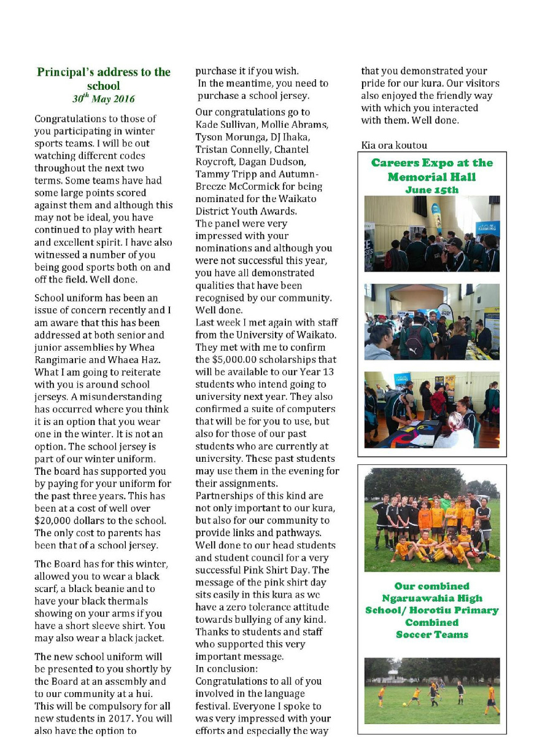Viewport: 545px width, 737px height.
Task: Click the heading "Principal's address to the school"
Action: (x=104, y=79)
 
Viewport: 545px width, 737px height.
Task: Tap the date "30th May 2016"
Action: (x=104, y=99)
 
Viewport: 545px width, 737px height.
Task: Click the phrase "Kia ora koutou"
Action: (x=394, y=146)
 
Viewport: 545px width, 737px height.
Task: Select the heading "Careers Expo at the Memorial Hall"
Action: (x=432, y=170)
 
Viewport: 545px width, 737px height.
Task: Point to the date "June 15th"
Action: (x=432, y=190)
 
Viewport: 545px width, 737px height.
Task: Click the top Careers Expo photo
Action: (x=432, y=233)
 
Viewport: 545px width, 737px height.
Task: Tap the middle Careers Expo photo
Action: (x=432, y=321)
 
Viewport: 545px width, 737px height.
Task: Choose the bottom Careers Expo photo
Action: (x=432, y=409)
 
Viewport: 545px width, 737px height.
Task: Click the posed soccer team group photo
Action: (x=432, y=520)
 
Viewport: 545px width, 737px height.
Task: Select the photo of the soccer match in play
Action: (x=432, y=690)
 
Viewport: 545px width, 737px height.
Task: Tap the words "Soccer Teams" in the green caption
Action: (x=432, y=634)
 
